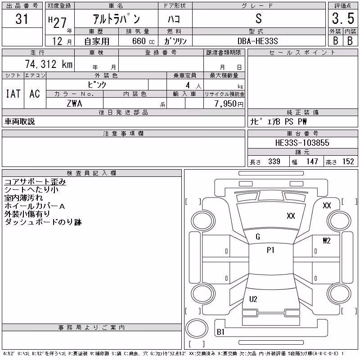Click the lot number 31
22,19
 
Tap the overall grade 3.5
343,18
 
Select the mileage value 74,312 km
49,64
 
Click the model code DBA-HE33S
258,41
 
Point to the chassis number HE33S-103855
302,143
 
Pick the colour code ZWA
74,103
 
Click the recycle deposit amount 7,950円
229,104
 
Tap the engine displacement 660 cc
143,41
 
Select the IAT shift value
13,94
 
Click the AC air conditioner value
35,94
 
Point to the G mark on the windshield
258,237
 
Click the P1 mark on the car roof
270,250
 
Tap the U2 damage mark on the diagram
253,299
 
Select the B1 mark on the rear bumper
220,332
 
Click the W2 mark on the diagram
327,241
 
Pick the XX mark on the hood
291,216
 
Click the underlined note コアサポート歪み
35,182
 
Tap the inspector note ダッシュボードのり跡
43,222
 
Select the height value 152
348,162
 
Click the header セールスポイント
302,53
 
